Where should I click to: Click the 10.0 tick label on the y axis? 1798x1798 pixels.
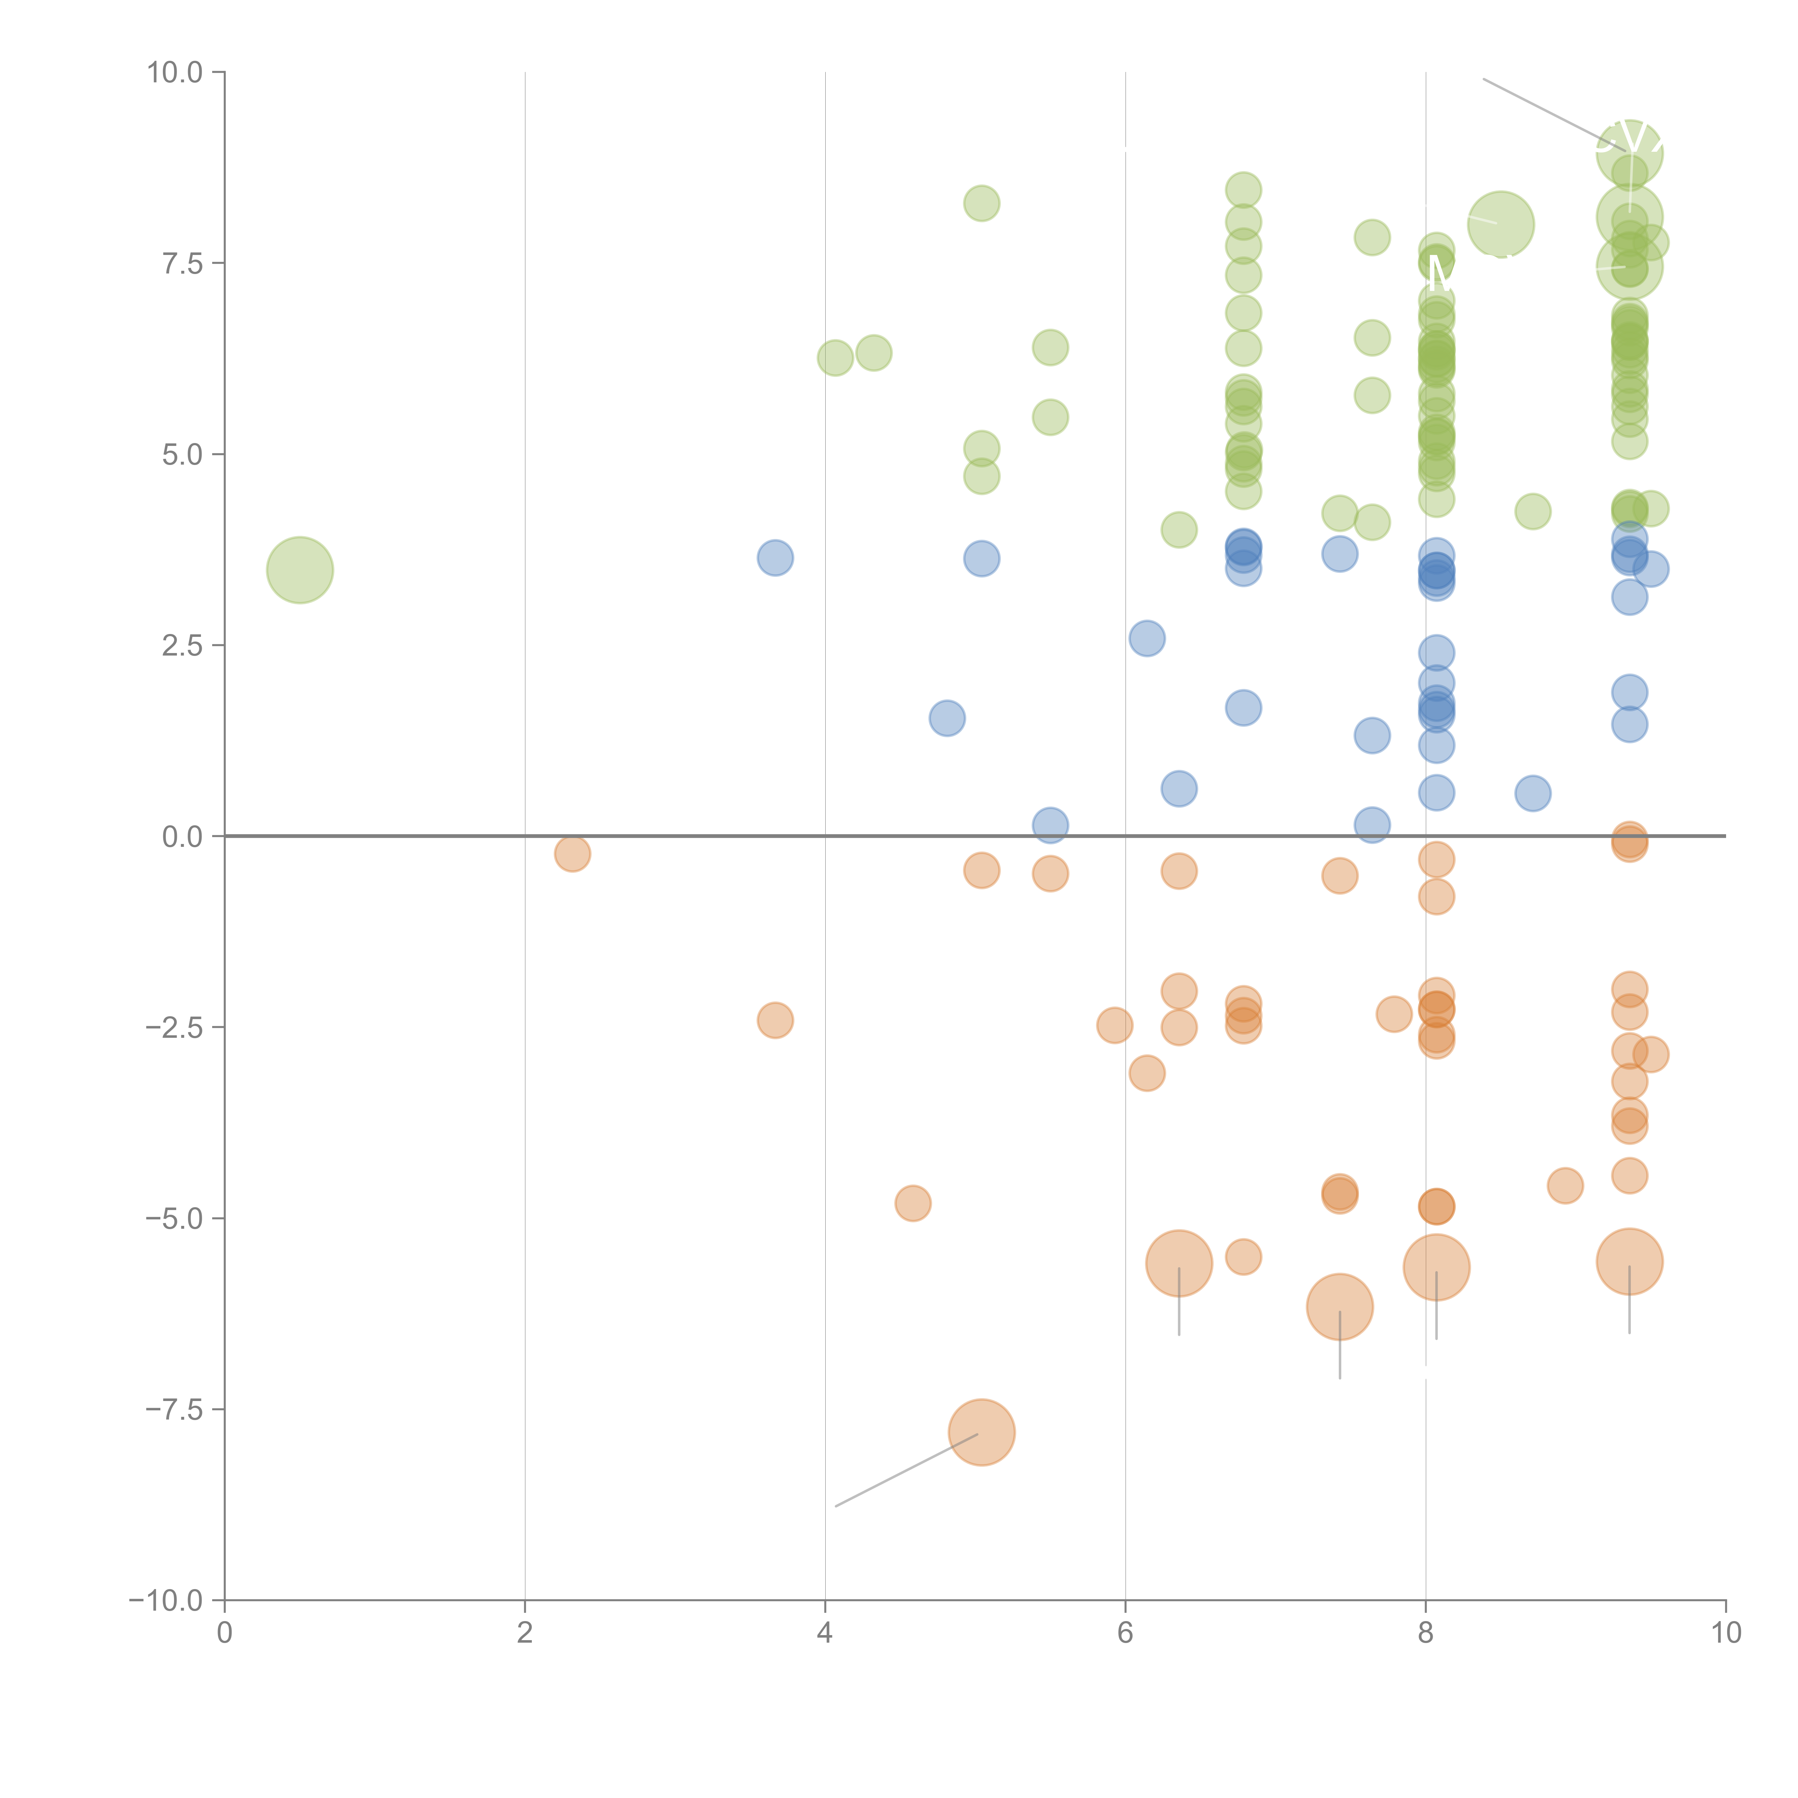tap(175, 73)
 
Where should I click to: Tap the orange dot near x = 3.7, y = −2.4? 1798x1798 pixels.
tap(775, 1020)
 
